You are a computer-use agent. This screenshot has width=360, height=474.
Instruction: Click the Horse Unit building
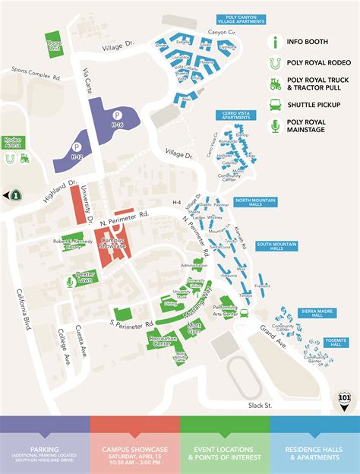[53, 43]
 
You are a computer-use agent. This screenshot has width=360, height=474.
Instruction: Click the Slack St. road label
[260, 405]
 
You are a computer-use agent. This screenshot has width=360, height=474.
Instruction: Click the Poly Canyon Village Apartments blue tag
[240, 21]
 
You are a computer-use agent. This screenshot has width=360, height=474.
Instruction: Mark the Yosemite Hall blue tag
[335, 343]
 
